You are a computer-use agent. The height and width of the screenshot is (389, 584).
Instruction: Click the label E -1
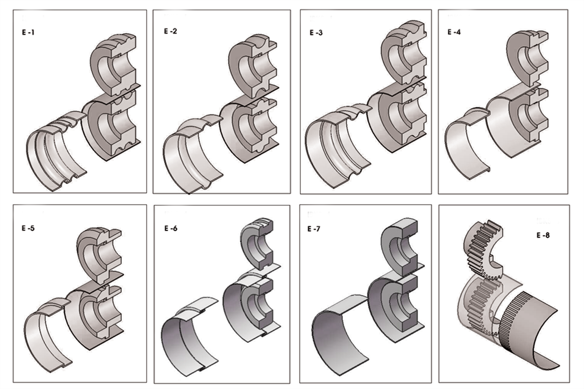pyautogui.click(x=28, y=32)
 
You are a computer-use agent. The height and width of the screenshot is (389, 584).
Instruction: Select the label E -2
pyautogui.click(x=170, y=31)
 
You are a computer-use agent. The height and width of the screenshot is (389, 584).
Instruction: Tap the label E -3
pyautogui.click(x=316, y=32)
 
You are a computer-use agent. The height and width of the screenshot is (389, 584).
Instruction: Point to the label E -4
pyautogui.click(x=454, y=32)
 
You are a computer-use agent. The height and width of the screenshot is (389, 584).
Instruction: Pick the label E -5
pyautogui.click(x=28, y=228)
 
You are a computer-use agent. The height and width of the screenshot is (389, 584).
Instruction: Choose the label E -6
pyautogui.click(x=171, y=228)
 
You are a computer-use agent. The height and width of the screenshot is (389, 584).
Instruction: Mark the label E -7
pyautogui.click(x=314, y=229)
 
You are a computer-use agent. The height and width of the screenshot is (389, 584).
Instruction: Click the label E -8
pyautogui.click(x=543, y=235)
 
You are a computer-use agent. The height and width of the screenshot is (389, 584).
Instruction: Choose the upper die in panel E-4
pyautogui.click(x=528, y=59)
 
